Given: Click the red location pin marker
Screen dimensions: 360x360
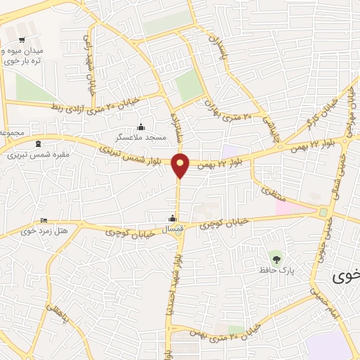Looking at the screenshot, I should tap(181, 165).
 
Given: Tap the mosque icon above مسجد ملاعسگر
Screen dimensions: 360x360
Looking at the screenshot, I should tap(141, 127).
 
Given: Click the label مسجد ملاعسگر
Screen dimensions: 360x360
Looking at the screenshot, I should tap(142, 138).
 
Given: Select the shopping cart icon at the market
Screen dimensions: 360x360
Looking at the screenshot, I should tap(22, 39).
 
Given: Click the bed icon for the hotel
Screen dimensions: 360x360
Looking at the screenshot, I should tap(44, 220).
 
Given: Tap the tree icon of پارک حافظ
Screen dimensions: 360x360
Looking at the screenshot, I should tap(276, 259).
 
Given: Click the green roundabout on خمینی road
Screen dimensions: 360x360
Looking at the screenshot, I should tap(323, 212).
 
